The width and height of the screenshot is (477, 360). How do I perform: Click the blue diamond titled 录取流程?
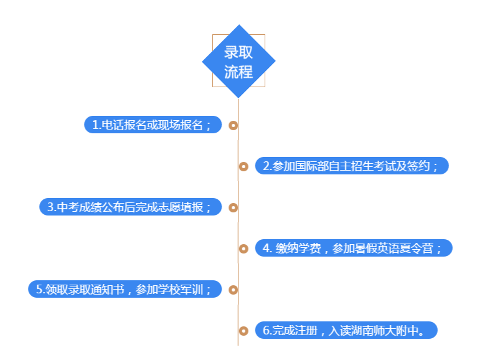point(238,61)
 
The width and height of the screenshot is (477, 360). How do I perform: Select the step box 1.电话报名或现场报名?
point(153,125)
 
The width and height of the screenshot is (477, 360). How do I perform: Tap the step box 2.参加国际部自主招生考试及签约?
point(352,166)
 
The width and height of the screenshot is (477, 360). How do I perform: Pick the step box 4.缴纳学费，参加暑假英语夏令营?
point(353,248)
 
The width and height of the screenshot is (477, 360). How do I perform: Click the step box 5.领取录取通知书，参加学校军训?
point(125,289)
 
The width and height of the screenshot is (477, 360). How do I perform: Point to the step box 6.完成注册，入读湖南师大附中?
point(346,330)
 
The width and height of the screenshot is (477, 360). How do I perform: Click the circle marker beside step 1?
point(234,125)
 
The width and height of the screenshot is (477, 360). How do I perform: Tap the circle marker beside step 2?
point(243,166)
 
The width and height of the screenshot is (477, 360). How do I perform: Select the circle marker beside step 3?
point(234,207)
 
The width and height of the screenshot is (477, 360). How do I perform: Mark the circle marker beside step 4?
point(243,248)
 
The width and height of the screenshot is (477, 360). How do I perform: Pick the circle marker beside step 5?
point(234,290)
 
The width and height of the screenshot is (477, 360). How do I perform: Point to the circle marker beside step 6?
point(243,331)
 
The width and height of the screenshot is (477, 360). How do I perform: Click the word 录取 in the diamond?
point(238,52)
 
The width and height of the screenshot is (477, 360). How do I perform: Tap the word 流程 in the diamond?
point(238,71)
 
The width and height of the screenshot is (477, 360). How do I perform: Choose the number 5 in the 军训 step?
point(39,289)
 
